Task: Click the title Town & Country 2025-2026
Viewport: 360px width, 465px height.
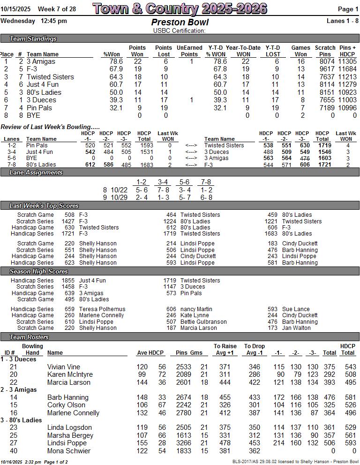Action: pos(180,8)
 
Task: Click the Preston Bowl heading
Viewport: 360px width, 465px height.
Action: pos(180,22)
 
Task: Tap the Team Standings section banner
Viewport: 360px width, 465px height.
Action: pos(33,39)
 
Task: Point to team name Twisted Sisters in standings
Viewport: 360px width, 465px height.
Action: pos(50,77)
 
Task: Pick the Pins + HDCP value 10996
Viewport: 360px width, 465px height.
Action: pos(348,108)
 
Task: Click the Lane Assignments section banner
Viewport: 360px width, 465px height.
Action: pos(36,173)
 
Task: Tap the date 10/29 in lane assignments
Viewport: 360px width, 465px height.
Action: pos(119,198)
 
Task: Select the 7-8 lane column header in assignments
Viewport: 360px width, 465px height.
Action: pos(205,182)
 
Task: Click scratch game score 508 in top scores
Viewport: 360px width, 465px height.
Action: pos(69,215)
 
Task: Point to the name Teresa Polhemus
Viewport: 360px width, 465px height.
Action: pos(102,309)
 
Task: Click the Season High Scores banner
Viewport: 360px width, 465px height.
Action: pos(39,272)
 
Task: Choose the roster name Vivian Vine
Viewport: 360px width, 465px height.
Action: pos(64,367)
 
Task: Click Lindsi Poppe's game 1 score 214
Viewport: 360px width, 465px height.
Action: pos(279,443)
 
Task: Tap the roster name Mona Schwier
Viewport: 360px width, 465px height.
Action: pos(68,451)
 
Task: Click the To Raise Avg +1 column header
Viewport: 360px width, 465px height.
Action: pos(225,350)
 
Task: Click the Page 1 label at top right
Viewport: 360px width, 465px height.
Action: pos(348,9)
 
